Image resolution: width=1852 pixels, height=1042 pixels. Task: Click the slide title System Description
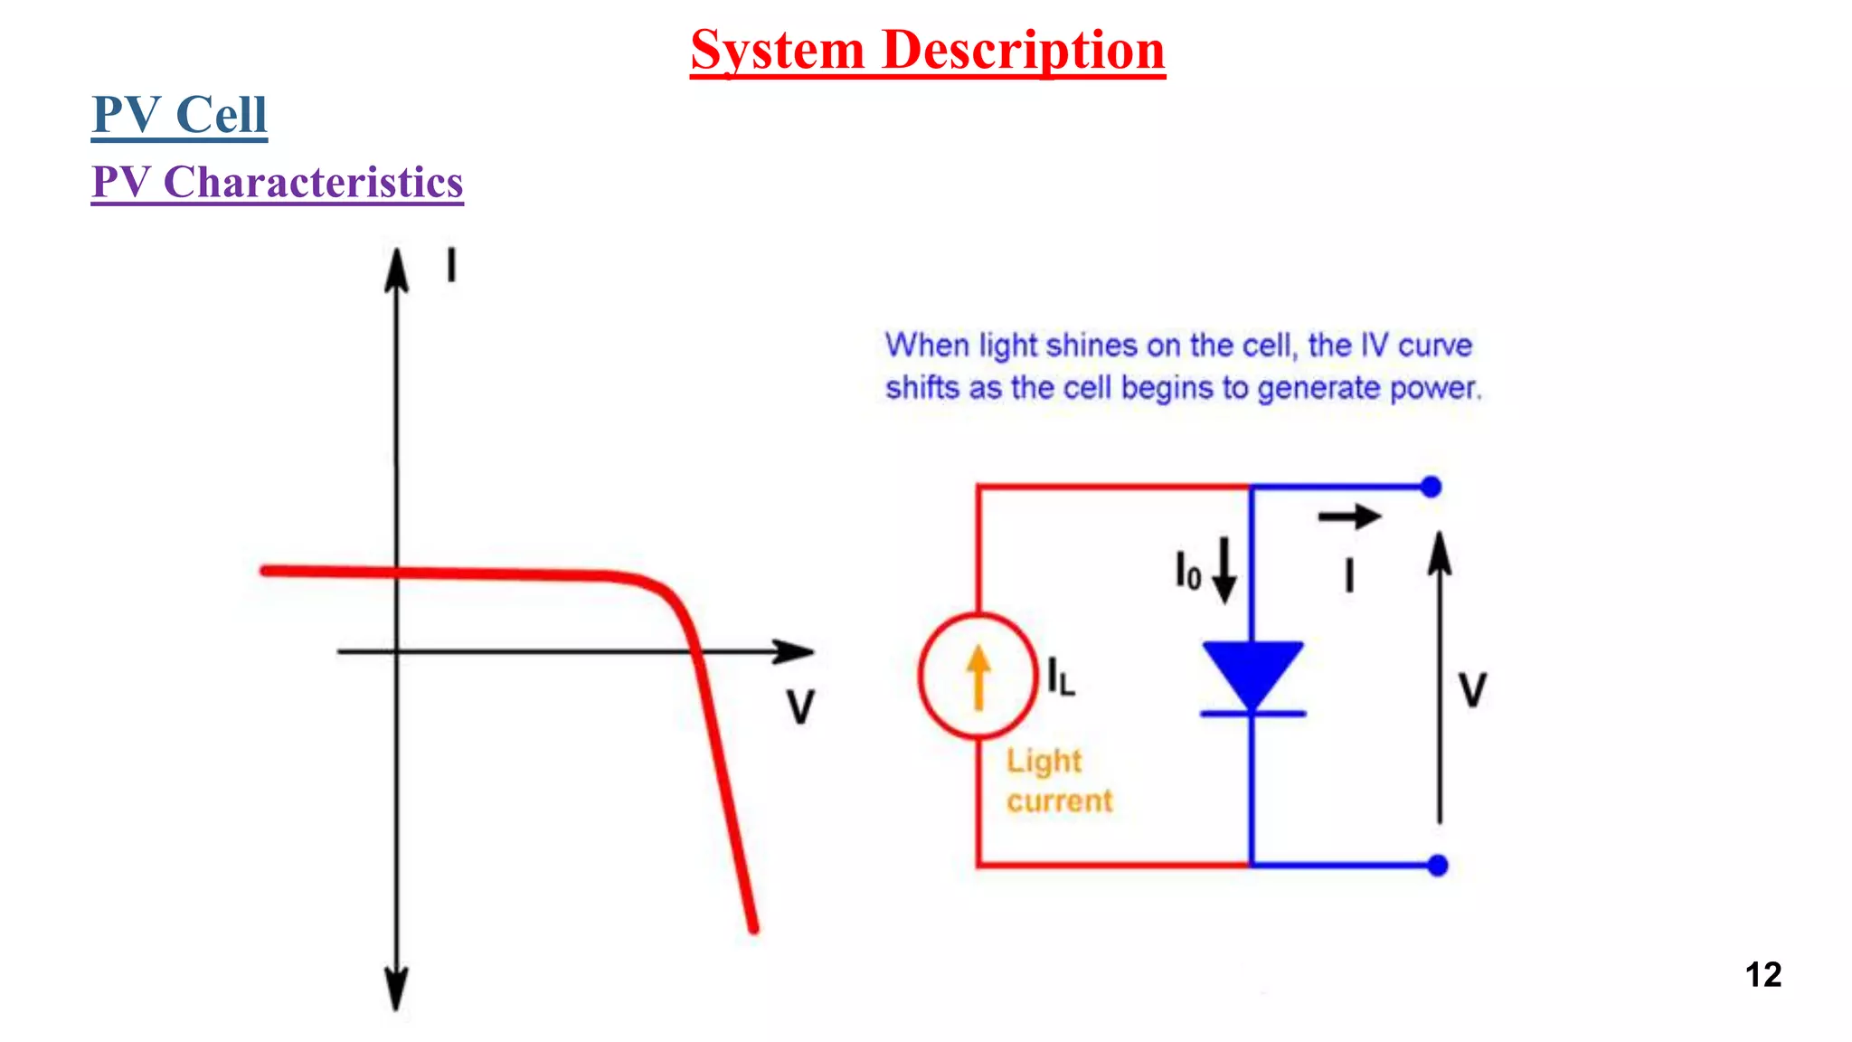point(927,50)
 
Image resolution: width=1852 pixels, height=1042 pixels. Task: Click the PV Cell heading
point(179,115)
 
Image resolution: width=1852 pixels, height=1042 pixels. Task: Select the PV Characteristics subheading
point(277,183)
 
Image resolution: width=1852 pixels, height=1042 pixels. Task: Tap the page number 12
point(1762,975)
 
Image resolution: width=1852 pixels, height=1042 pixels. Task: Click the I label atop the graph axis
point(451,267)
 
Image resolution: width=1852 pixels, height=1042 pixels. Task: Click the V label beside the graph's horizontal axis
point(800,707)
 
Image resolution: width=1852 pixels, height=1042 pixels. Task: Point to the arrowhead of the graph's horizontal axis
point(796,651)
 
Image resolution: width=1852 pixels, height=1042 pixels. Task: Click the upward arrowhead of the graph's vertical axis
point(396,269)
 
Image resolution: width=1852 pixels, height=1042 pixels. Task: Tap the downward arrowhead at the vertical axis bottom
point(396,990)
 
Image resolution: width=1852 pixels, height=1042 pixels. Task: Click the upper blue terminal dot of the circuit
point(1431,488)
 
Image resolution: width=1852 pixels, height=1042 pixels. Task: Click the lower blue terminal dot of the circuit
point(1438,866)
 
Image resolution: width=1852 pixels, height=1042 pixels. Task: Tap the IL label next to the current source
point(1061,677)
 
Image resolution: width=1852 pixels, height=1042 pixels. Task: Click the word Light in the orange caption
point(1044,762)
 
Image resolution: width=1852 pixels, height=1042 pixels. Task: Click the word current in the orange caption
point(1059,801)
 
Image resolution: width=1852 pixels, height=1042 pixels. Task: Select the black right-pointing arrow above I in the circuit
point(1349,517)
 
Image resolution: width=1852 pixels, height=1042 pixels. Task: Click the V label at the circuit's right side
point(1472,691)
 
